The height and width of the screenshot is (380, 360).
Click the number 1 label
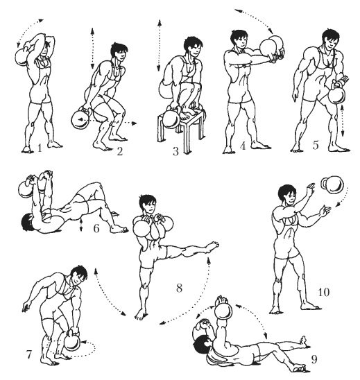[40, 148]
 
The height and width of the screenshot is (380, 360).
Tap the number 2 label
[120, 151]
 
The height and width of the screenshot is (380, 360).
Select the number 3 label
[175, 151]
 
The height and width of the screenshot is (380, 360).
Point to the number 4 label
[243, 146]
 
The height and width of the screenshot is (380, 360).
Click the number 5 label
[315, 146]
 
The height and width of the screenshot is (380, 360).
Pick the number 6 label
[96, 228]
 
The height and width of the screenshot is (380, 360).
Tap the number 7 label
[29, 354]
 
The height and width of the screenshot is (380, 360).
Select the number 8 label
[179, 288]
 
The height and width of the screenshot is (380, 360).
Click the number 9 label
[314, 359]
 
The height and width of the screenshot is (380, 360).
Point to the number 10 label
[323, 292]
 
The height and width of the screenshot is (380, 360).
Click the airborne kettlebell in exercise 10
[333, 184]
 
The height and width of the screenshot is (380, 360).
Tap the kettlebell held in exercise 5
[336, 94]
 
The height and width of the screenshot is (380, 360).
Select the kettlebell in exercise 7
[71, 340]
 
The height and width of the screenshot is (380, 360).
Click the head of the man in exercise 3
[193, 46]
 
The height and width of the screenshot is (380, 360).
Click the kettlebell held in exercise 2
[82, 119]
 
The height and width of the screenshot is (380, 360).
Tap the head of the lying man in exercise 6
[27, 222]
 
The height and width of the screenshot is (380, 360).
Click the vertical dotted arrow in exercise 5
[342, 120]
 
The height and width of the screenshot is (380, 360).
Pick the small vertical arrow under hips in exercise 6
[81, 224]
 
